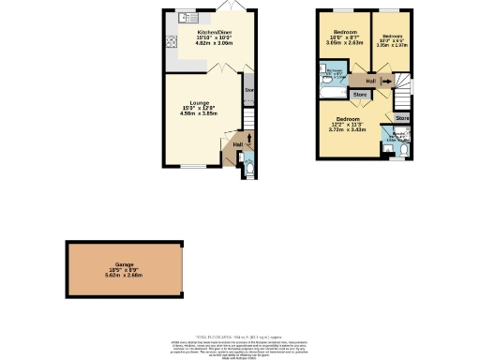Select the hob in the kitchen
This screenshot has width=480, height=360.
(171, 41)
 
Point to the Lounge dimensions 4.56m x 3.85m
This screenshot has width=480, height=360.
(198, 113)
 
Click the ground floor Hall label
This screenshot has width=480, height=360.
(237, 144)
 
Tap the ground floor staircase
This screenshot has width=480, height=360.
(248, 122)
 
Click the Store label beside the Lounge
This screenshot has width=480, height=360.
(249, 90)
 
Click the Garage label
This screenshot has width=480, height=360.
(124, 264)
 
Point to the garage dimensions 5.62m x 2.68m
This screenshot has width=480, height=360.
(124, 276)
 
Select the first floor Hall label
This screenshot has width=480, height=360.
(371, 81)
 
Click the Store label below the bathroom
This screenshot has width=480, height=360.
(358, 95)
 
